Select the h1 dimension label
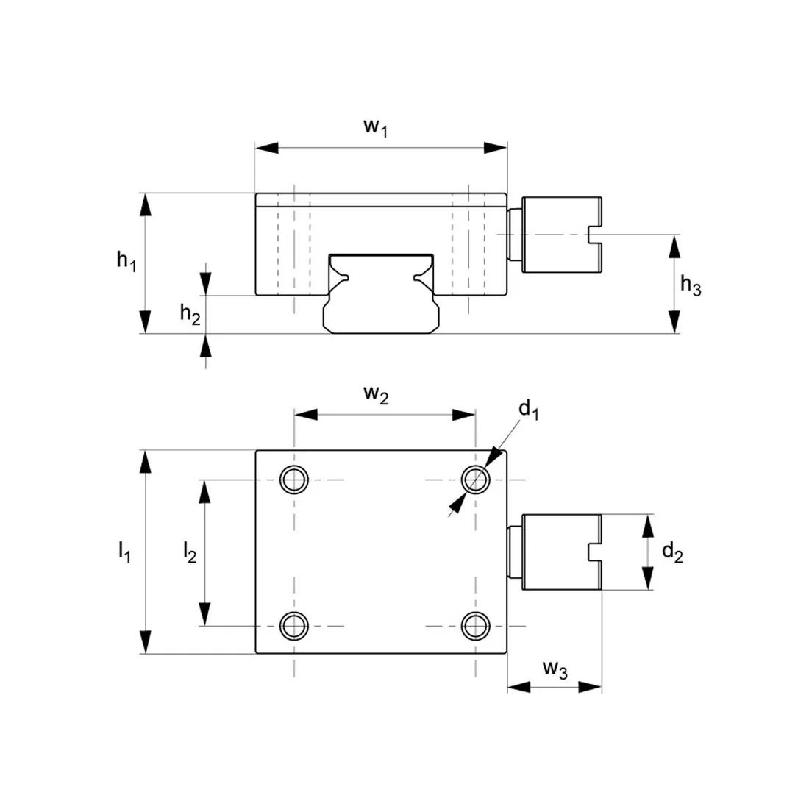point(126,260)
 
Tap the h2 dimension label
point(190,314)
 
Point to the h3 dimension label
point(690,285)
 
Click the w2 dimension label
point(375,395)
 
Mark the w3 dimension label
point(555,669)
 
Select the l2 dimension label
point(189,552)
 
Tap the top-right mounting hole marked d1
point(475,480)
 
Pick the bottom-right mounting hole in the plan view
point(475,626)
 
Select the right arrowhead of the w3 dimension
point(591,687)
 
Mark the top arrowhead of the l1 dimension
point(146,461)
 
